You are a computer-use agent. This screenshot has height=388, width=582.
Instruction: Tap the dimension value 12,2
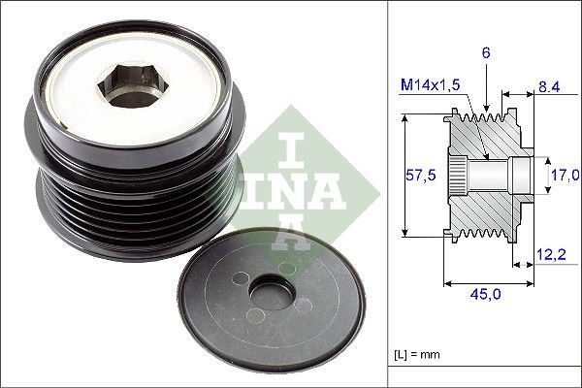tap(551, 255)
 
